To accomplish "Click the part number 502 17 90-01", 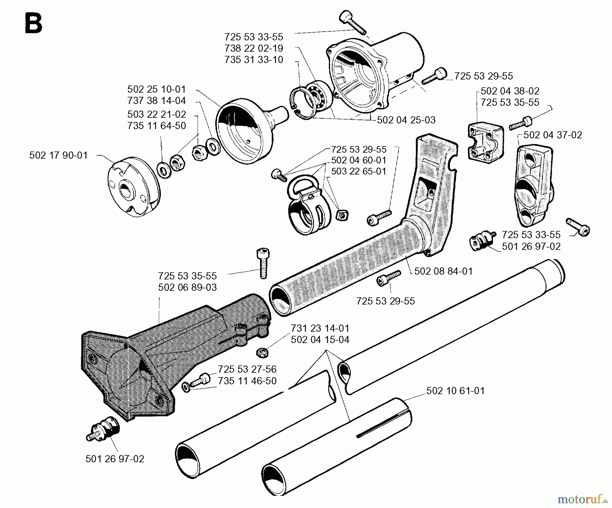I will [x=58, y=155].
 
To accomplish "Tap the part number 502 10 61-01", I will [x=455, y=391].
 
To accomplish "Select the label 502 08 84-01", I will [x=443, y=271].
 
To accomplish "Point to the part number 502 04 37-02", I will [x=552, y=135].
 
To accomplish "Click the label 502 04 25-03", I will [x=406, y=120].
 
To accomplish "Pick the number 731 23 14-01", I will [x=320, y=328].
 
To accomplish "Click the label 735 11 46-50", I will [x=247, y=381].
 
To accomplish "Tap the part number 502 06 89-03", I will [x=187, y=287].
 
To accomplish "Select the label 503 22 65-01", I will [x=359, y=171].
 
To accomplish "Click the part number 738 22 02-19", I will [x=254, y=48].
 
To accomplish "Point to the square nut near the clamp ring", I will [x=341, y=215].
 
